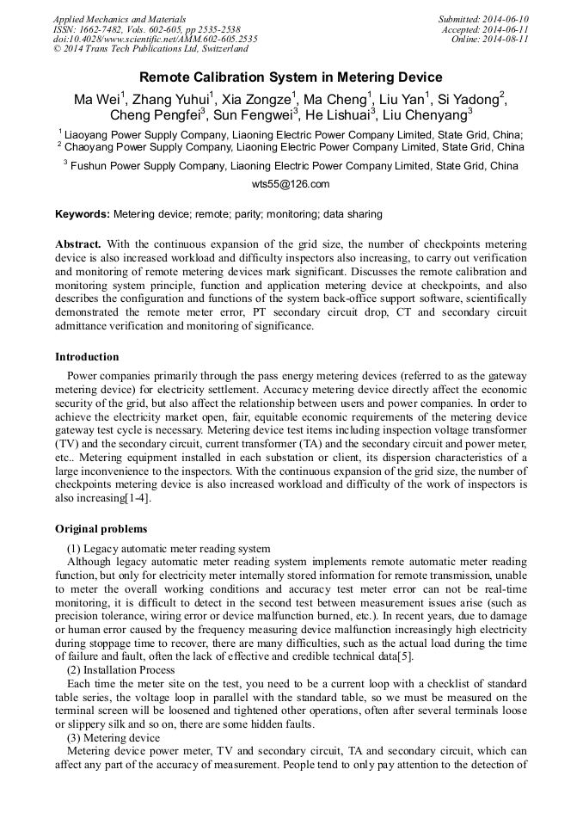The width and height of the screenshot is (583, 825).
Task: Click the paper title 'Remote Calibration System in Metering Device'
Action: pos(291,77)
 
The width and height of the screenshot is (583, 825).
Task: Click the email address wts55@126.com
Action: pos(291,184)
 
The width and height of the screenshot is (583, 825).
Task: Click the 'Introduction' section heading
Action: pos(87,357)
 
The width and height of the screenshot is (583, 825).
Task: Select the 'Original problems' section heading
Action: pos(101,529)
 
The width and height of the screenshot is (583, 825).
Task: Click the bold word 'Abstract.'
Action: pos(78,244)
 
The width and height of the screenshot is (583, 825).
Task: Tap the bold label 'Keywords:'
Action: pos(83,214)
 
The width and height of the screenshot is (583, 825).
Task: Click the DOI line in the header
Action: pos(155,39)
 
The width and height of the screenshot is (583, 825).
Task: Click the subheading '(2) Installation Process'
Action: pos(120,670)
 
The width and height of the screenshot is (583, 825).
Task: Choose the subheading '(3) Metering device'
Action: pos(114,738)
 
